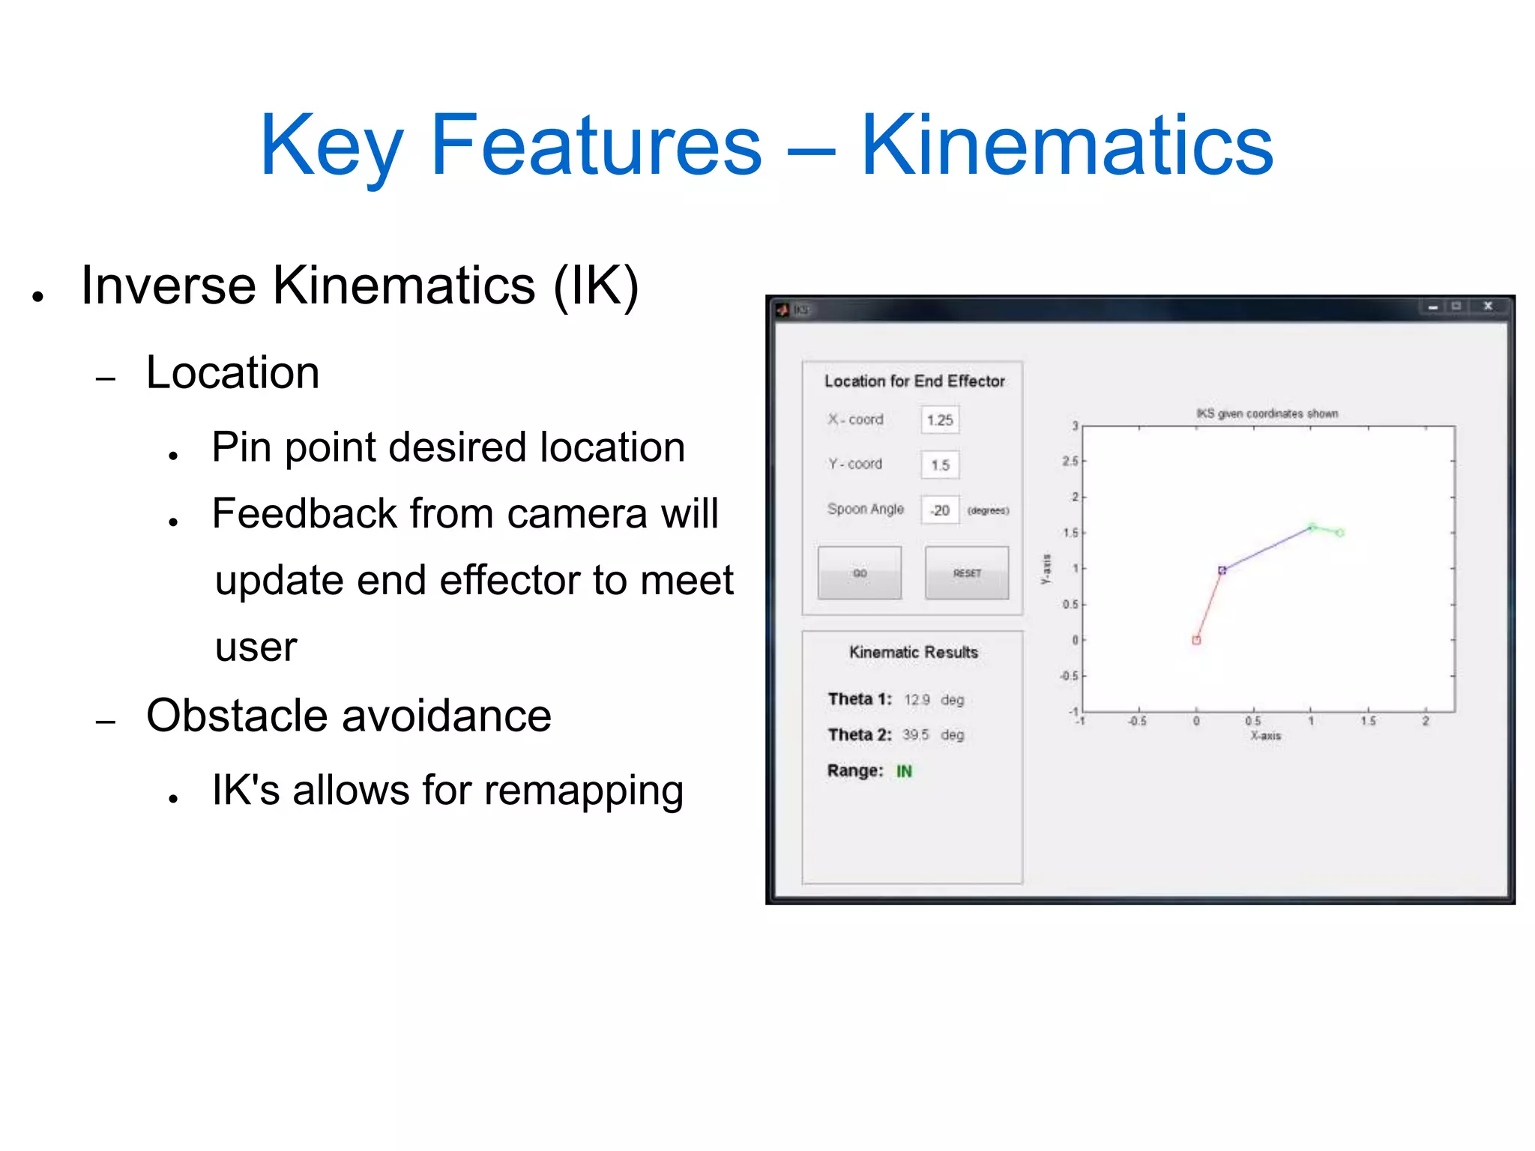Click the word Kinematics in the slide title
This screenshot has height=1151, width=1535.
point(1067,145)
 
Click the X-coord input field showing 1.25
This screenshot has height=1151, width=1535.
point(940,420)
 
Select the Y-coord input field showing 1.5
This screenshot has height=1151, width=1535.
point(940,465)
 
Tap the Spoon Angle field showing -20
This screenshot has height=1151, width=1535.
point(940,510)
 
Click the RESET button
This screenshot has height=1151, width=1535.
point(966,573)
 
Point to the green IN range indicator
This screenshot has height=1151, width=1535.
point(904,771)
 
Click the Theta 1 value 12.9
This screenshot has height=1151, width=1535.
point(916,700)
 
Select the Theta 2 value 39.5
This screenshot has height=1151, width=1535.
point(915,735)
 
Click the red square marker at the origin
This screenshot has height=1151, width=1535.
point(1196,640)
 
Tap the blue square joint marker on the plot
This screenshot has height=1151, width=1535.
point(1222,570)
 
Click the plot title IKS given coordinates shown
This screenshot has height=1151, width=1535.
point(1267,414)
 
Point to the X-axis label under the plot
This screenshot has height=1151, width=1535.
point(1265,736)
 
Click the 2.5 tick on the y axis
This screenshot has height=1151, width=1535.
point(1070,461)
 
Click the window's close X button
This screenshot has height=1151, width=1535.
point(1488,306)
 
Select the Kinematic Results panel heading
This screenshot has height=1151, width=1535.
point(913,653)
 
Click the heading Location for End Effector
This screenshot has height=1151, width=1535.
point(914,381)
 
